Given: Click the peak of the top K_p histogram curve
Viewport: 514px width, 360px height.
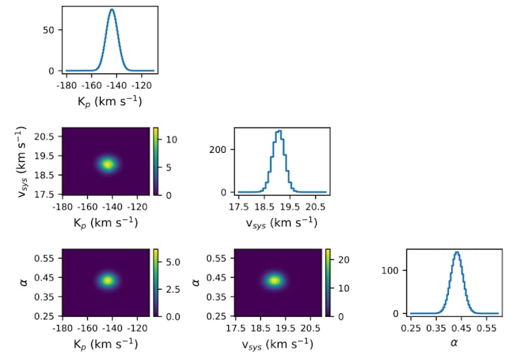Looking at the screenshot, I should [112, 10].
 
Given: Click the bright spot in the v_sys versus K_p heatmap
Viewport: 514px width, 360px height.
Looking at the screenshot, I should [108, 164].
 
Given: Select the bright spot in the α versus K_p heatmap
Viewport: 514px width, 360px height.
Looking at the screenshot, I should [108, 280].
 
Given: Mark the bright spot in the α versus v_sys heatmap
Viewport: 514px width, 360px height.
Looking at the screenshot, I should [275, 280].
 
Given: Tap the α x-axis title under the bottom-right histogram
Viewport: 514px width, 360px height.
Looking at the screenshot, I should [453, 342].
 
